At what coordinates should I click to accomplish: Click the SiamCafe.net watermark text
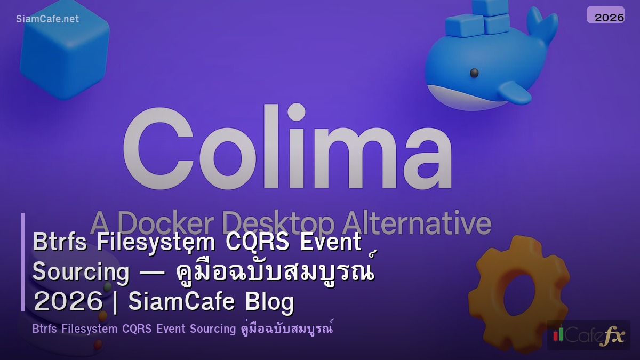47,19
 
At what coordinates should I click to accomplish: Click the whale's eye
474,73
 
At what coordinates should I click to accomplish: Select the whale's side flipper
515,92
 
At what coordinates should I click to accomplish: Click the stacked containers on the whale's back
478,19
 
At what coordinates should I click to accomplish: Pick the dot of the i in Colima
296,113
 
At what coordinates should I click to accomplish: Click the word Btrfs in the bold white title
61,242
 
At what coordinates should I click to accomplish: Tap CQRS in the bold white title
258,242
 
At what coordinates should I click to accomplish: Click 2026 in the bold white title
67,302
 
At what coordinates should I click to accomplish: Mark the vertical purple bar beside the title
23,262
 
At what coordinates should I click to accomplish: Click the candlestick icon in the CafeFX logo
558,334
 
